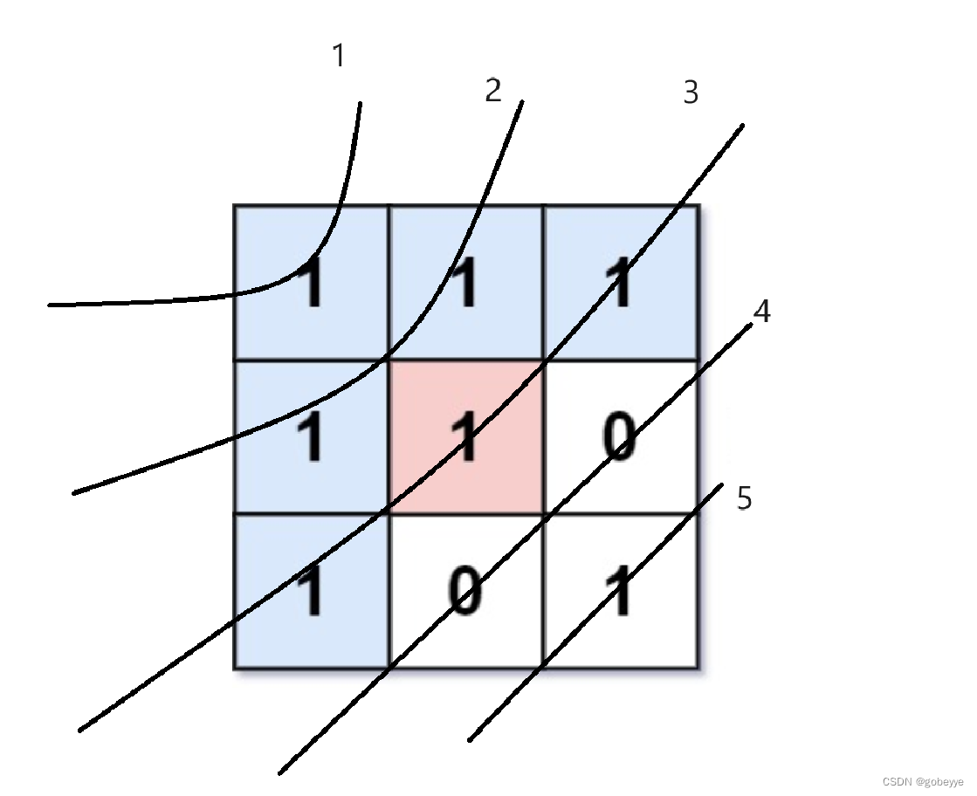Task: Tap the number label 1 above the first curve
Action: (x=339, y=56)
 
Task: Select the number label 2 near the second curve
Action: (x=493, y=90)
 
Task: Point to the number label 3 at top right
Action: (x=691, y=93)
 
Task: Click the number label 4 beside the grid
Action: (x=762, y=312)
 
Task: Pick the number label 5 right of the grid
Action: (x=744, y=499)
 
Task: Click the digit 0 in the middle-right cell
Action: (x=619, y=437)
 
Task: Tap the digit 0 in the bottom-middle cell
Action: (x=465, y=592)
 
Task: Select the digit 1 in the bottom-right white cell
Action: (x=620, y=592)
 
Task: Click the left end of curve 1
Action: (x=50, y=305)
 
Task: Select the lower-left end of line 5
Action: (x=470, y=740)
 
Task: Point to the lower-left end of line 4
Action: (x=279, y=772)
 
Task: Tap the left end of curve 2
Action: (x=73, y=494)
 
